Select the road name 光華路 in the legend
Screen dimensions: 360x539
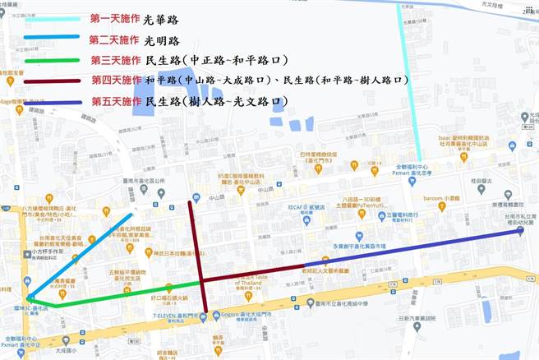[163, 17]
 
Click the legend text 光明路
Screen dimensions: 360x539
[162, 39]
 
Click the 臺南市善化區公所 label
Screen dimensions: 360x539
[145, 180]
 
